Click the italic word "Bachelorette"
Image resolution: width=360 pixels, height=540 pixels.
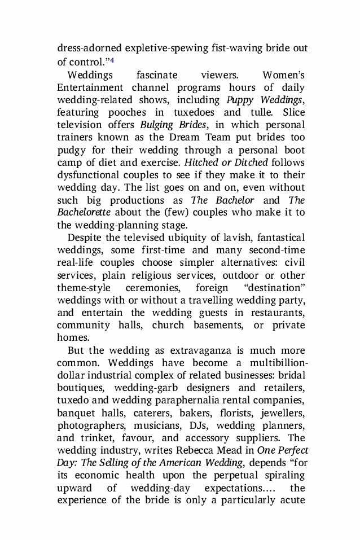coord(82,212)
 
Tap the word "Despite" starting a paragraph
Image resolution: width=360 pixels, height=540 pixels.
coord(85,238)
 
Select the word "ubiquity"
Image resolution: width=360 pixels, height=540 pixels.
coord(197,238)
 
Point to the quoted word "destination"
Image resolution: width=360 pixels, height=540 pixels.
coord(275,287)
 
